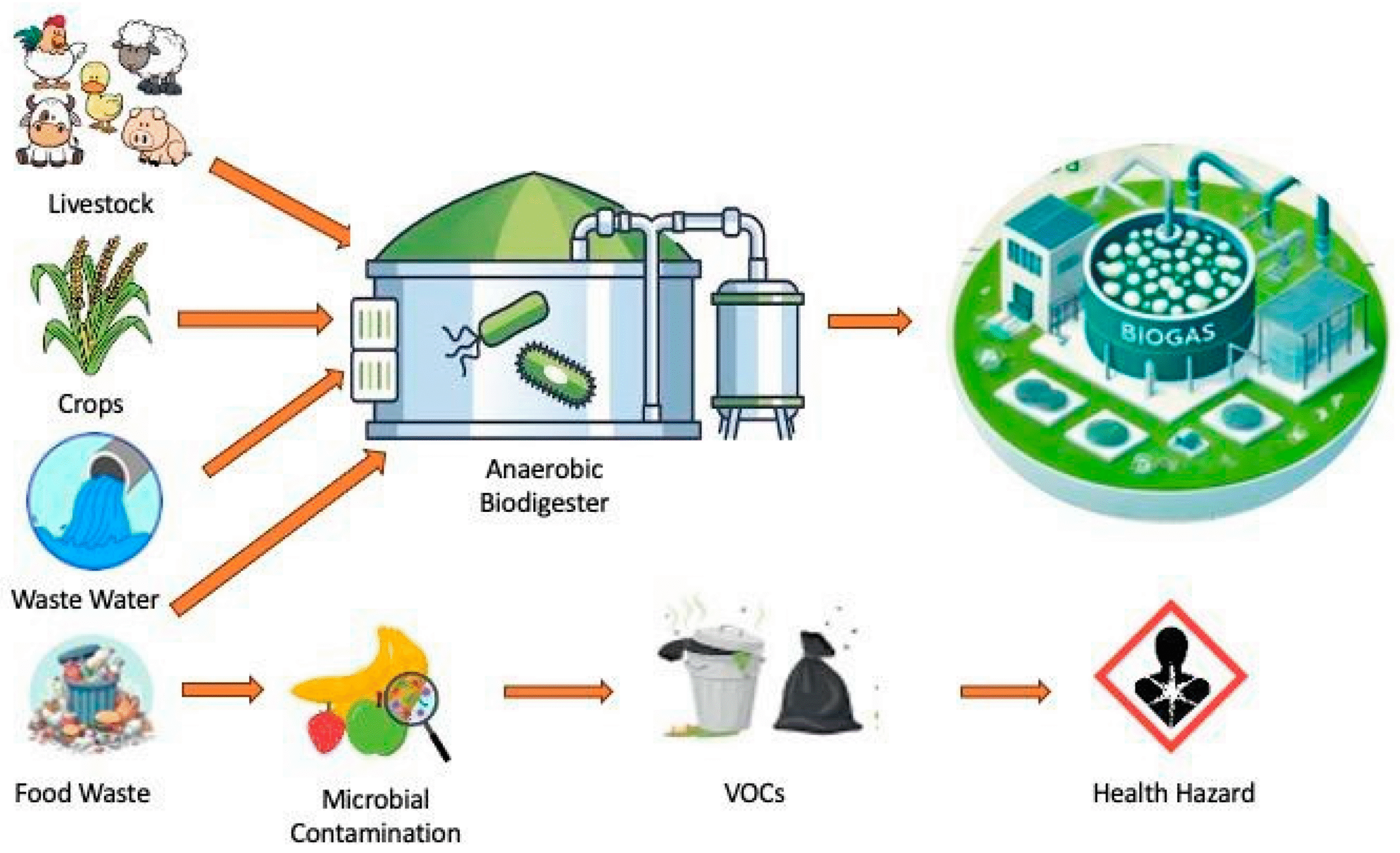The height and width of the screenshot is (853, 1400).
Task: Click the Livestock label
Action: [x=101, y=204]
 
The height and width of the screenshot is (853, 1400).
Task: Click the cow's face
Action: [x=48, y=128]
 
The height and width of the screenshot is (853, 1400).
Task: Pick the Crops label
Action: [x=90, y=404]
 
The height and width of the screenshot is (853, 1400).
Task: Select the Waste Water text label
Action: [x=85, y=599]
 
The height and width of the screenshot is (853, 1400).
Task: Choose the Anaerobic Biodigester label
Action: [x=544, y=486]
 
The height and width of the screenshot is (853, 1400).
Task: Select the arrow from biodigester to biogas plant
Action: [x=870, y=322]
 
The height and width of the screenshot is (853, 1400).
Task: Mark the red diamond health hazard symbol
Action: [x=1170, y=676]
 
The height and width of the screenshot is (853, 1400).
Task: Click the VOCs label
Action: [x=754, y=793]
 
